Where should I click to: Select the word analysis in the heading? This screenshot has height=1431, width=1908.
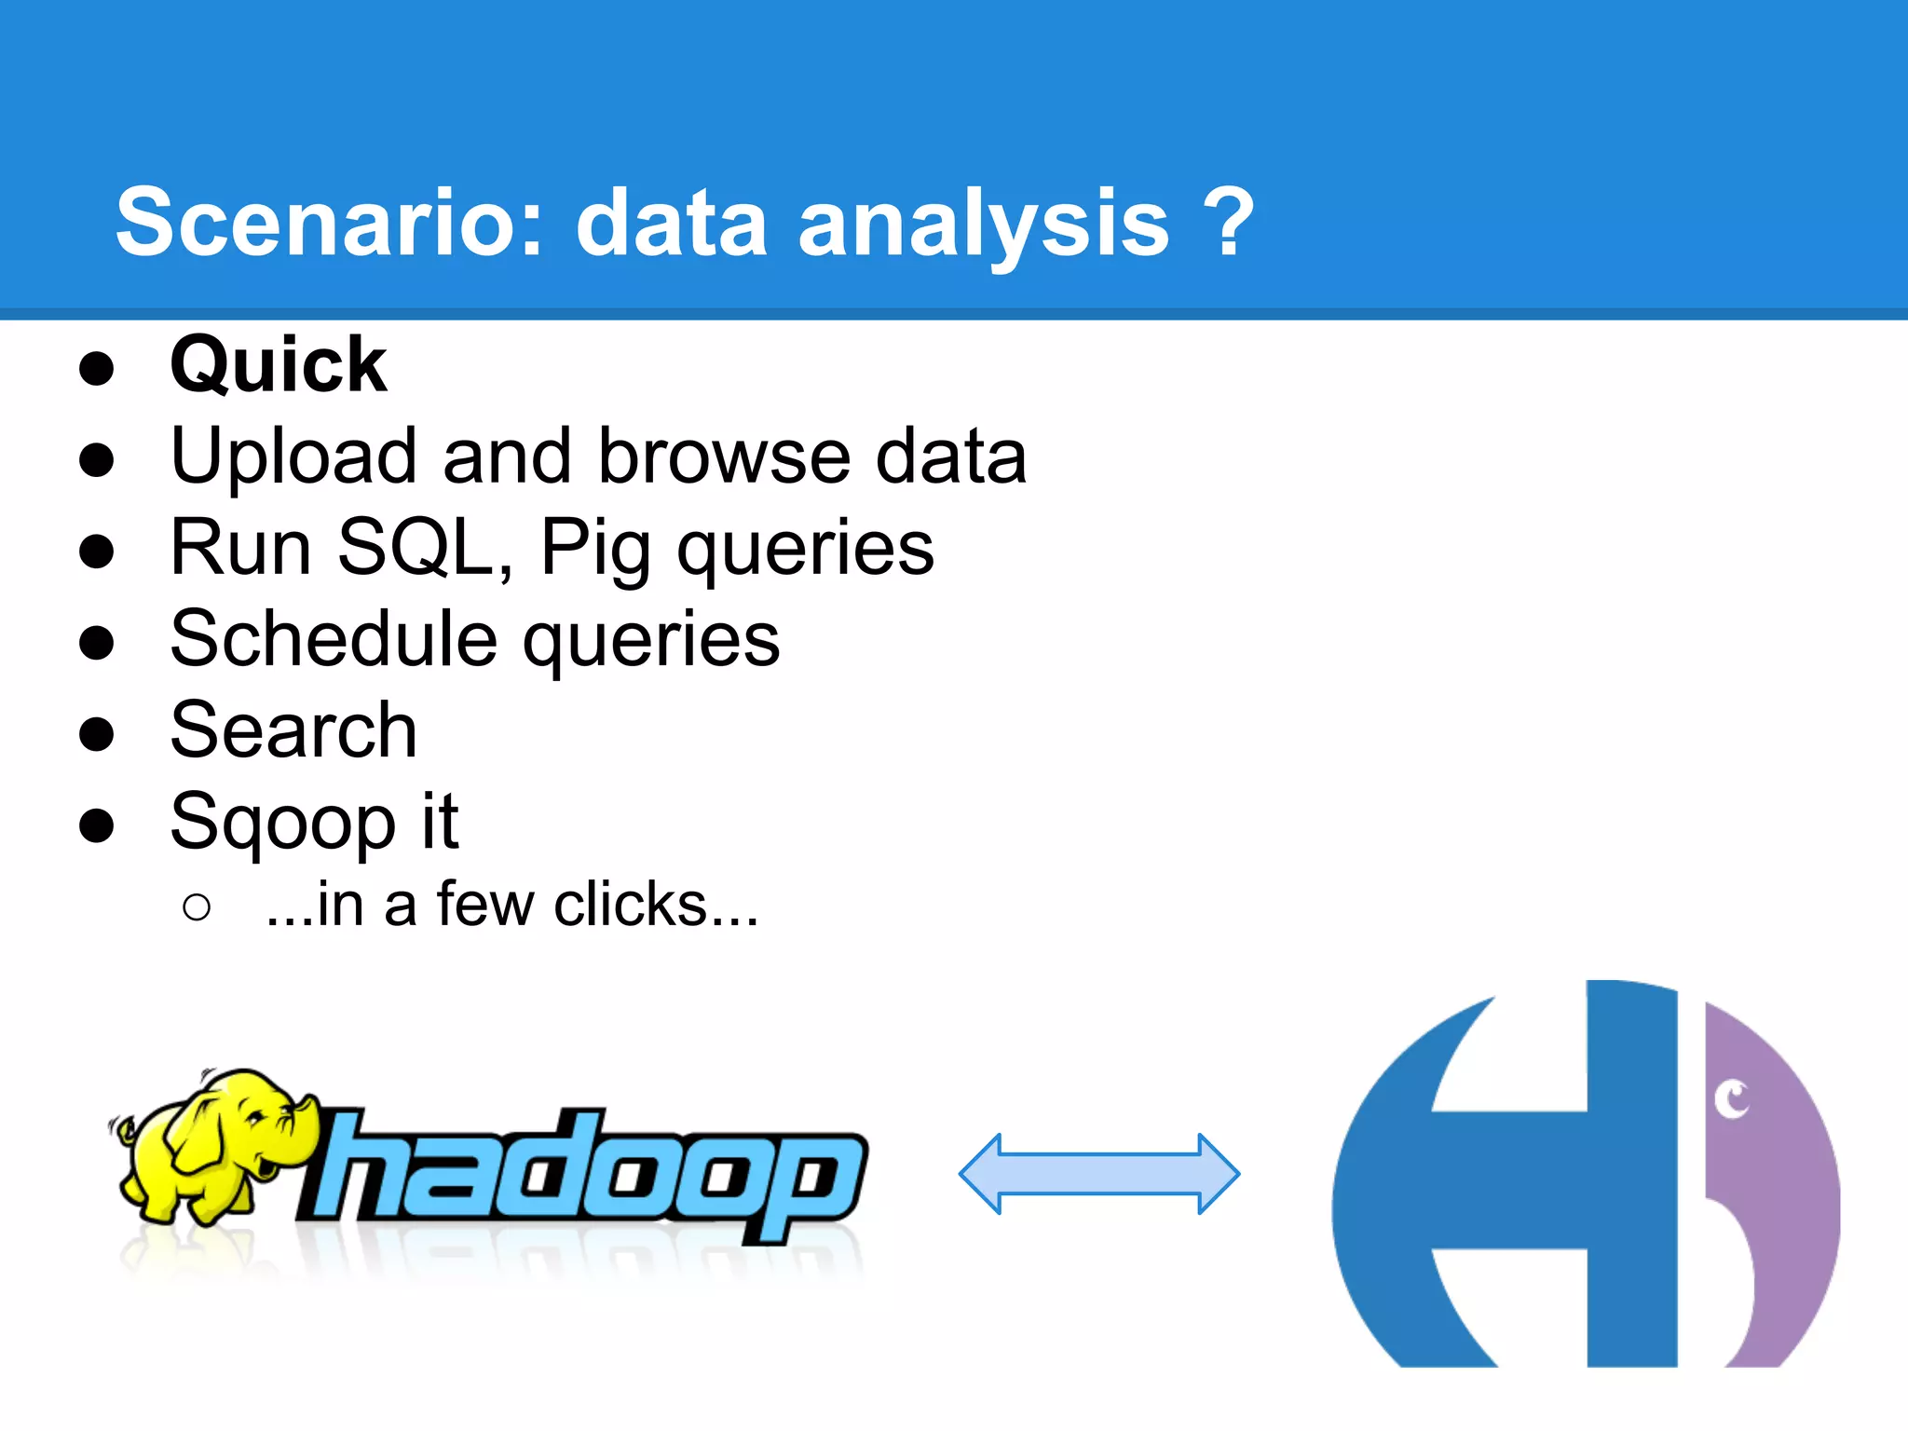(x=983, y=224)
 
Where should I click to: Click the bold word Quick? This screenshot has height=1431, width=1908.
(x=278, y=365)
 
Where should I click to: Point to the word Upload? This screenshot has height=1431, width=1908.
(x=293, y=457)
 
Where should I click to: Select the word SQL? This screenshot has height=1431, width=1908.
(x=424, y=548)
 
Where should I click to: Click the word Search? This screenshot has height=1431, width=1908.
(x=293, y=730)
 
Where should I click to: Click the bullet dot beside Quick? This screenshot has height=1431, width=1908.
(x=97, y=368)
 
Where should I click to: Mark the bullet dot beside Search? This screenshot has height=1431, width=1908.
(x=97, y=733)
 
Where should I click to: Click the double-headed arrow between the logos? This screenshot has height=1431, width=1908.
(x=1099, y=1174)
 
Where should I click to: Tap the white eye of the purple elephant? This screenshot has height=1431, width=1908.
(x=1733, y=1098)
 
